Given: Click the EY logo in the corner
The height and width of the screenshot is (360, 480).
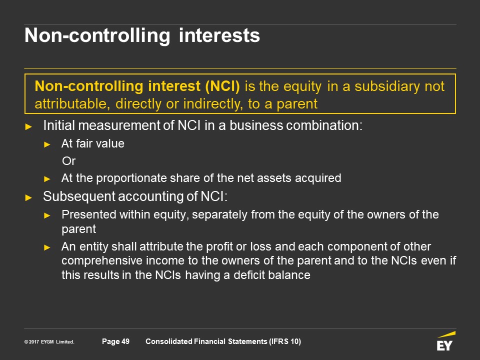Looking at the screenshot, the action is point(446,341).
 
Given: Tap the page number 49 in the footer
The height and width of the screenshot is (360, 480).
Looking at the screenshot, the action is point(125,341).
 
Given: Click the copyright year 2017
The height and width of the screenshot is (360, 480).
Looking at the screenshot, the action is point(34,342).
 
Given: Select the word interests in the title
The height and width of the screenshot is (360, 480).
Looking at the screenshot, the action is point(219,35).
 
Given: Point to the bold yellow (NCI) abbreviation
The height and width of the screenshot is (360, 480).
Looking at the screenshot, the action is point(222,86).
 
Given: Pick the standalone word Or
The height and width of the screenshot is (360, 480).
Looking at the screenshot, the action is point(68,161).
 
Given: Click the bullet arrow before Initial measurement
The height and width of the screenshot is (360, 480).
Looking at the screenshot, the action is point(28,126).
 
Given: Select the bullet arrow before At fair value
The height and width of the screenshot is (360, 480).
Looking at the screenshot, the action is point(47,144).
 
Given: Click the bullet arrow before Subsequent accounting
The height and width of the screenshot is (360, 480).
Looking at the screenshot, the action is point(28,198).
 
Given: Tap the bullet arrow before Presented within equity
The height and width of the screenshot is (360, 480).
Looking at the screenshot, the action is point(47,216).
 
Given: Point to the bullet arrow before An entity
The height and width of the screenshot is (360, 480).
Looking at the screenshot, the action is point(47,247).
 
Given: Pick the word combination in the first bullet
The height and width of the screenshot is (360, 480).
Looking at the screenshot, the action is point(324,125).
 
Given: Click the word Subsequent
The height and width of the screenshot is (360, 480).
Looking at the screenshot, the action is point(79,196).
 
